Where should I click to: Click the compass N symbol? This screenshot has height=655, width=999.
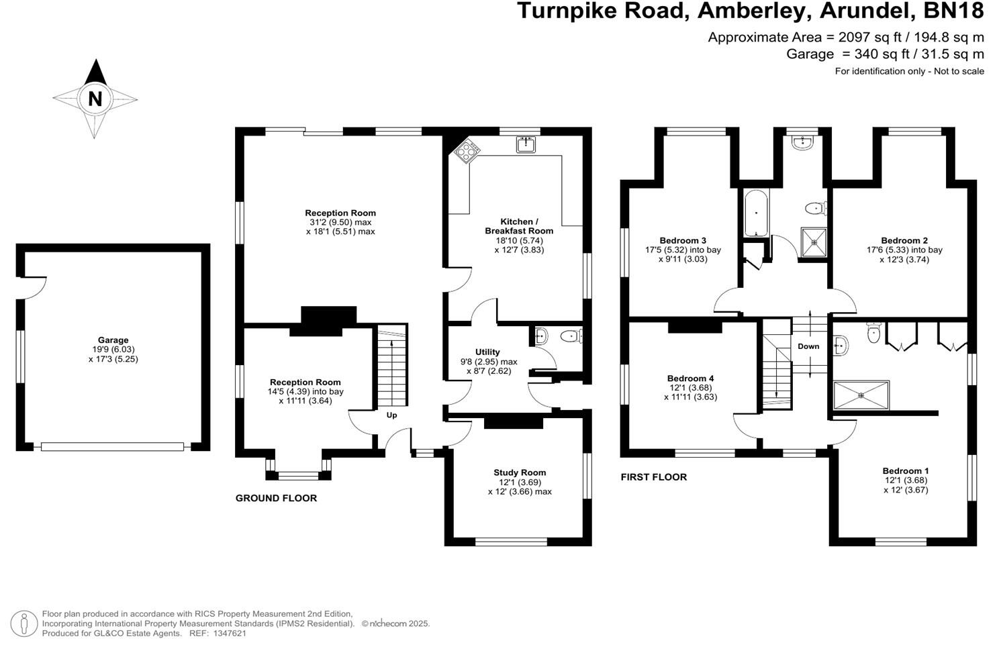coord(95,99)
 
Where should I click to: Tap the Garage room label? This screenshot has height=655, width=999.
coord(113,340)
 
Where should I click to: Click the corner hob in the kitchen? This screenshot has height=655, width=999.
coord(465,152)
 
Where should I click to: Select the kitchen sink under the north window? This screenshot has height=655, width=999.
coord(526,144)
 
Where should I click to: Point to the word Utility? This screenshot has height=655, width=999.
coord(487,352)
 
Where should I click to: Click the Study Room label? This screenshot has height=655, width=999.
coord(520,472)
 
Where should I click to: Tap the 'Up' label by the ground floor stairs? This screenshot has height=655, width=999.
coord(392,415)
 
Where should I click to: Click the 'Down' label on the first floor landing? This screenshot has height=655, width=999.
coord(808,346)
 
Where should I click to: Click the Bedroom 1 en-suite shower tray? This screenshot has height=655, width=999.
coord(861,395)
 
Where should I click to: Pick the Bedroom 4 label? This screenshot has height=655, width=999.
coord(691,379)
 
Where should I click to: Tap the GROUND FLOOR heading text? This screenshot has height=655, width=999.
coord(276,498)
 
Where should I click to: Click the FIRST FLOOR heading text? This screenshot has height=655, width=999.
coord(653,477)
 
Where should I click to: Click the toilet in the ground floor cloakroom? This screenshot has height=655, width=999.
coord(570,336)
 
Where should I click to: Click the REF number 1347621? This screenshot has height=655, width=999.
coord(228,633)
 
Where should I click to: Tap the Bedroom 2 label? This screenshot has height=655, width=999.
coord(904,240)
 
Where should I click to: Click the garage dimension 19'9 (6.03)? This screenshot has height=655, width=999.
coord(113,350)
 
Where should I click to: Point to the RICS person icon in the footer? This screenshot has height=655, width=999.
coord(24,623)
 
